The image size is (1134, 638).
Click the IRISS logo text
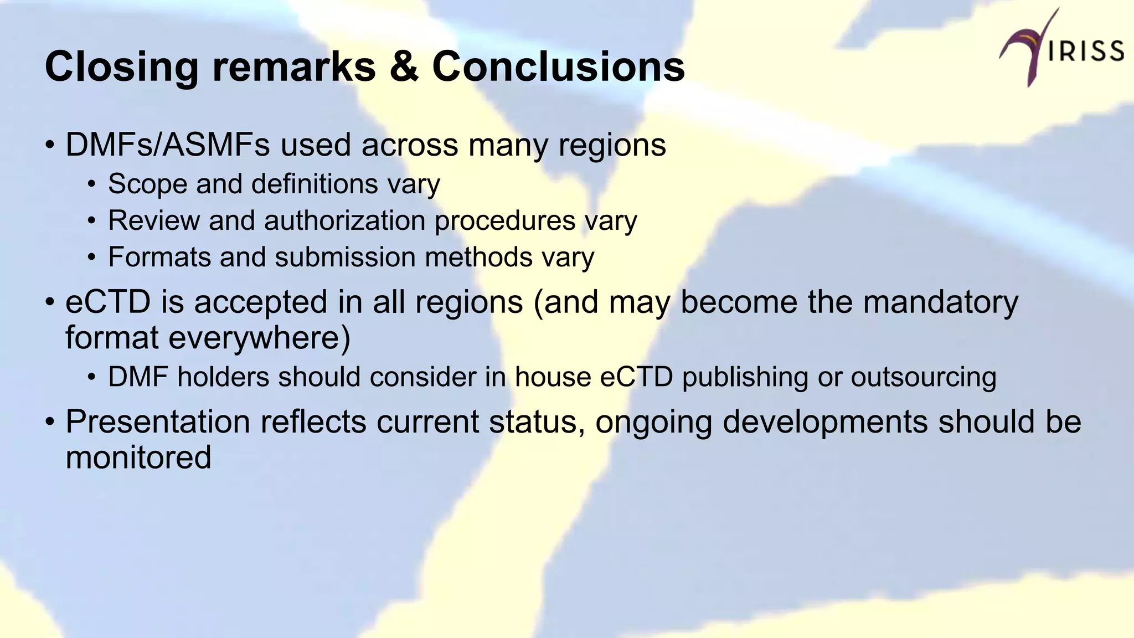[1086, 51]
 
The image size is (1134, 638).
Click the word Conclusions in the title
[558, 66]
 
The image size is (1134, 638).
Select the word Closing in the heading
[121, 66]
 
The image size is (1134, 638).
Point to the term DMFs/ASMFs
[167, 145]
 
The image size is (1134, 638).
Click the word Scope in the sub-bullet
[147, 184]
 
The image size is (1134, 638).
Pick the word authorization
[344, 220]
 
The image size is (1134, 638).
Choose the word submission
[345, 257]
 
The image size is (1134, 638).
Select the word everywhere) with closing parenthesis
[259, 338]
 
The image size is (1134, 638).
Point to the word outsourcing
[923, 377]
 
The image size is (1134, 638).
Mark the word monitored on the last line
[138, 458]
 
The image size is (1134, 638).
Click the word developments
[824, 422]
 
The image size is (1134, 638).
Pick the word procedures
[504, 221]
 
